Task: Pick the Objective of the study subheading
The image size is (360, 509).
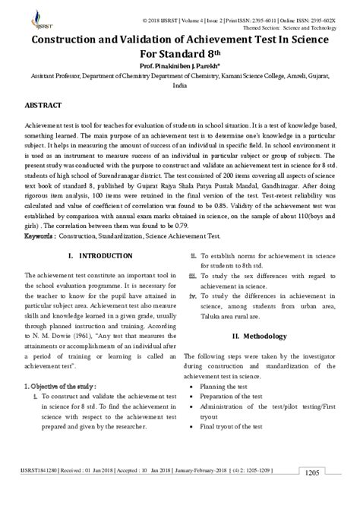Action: coord(60,386)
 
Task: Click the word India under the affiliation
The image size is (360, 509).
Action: coord(179,86)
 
